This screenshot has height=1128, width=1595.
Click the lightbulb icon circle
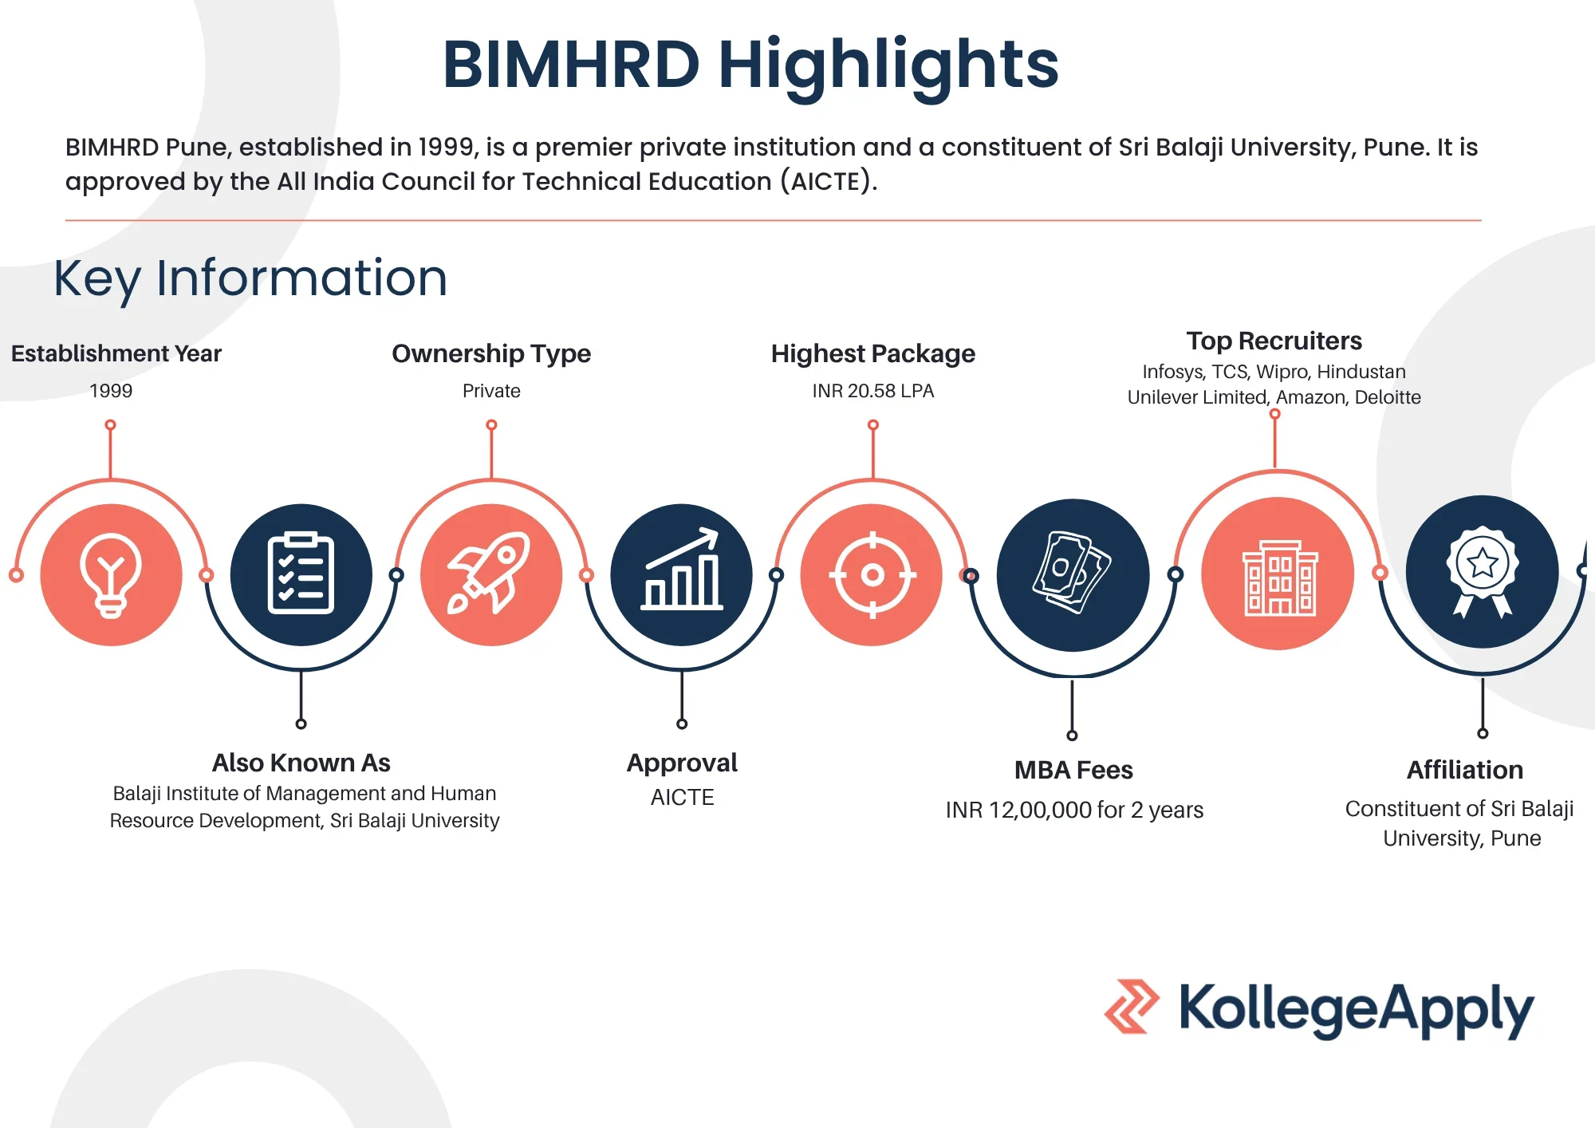coord(112,574)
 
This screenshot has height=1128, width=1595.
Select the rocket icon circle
coord(491,574)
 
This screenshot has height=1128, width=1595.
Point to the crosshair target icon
coord(872,574)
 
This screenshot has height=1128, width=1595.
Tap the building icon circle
coord(1278,574)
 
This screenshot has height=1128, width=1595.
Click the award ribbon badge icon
coord(1483,572)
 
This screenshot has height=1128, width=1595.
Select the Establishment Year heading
coord(116,353)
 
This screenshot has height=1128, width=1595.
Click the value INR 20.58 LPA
coord(873,391)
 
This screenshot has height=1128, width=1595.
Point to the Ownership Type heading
coord(491,353)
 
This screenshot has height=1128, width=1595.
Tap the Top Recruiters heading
coord(1274,341)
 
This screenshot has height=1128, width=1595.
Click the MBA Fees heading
coord(1073,770)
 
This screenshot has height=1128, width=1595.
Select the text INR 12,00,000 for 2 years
coord(1074,810)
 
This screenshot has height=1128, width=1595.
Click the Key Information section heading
coord(250,278)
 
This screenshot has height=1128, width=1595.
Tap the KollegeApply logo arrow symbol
coord(1132,1007)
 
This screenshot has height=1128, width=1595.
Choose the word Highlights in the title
coord(889,65)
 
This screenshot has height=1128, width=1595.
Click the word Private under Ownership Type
coord(491,391)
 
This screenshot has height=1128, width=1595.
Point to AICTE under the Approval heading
coord(683,798)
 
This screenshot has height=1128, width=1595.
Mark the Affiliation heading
coord(1465,770)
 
